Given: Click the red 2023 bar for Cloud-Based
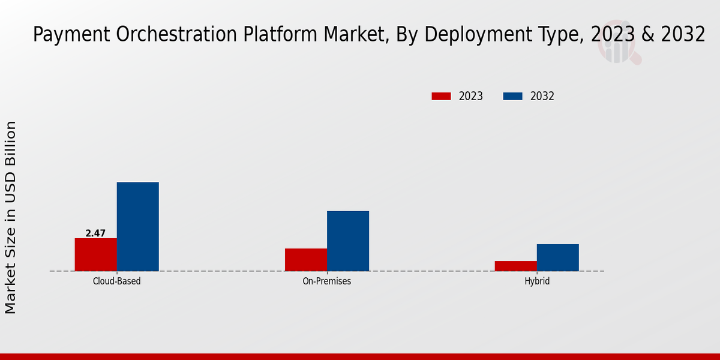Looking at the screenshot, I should point(95,254).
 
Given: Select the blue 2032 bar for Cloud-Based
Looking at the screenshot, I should point(137,226).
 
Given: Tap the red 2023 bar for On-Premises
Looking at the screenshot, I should point(306,260).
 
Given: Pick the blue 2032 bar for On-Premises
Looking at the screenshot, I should point(348,241).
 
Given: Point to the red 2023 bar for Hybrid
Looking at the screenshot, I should point(516,266).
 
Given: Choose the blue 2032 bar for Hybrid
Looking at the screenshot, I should point(558,257).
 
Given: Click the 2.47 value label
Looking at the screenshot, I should point(95,233).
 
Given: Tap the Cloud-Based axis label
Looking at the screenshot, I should point(117,281).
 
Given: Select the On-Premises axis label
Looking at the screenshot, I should point(327,281).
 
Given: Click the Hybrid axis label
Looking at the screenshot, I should point(537,281).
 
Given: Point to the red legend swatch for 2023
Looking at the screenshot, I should point(441,96).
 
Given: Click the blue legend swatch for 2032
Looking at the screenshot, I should point(512,96).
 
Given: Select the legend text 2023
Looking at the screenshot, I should point(471,96).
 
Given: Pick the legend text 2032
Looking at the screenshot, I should point(542,96).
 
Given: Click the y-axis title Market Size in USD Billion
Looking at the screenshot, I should point(11,217).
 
